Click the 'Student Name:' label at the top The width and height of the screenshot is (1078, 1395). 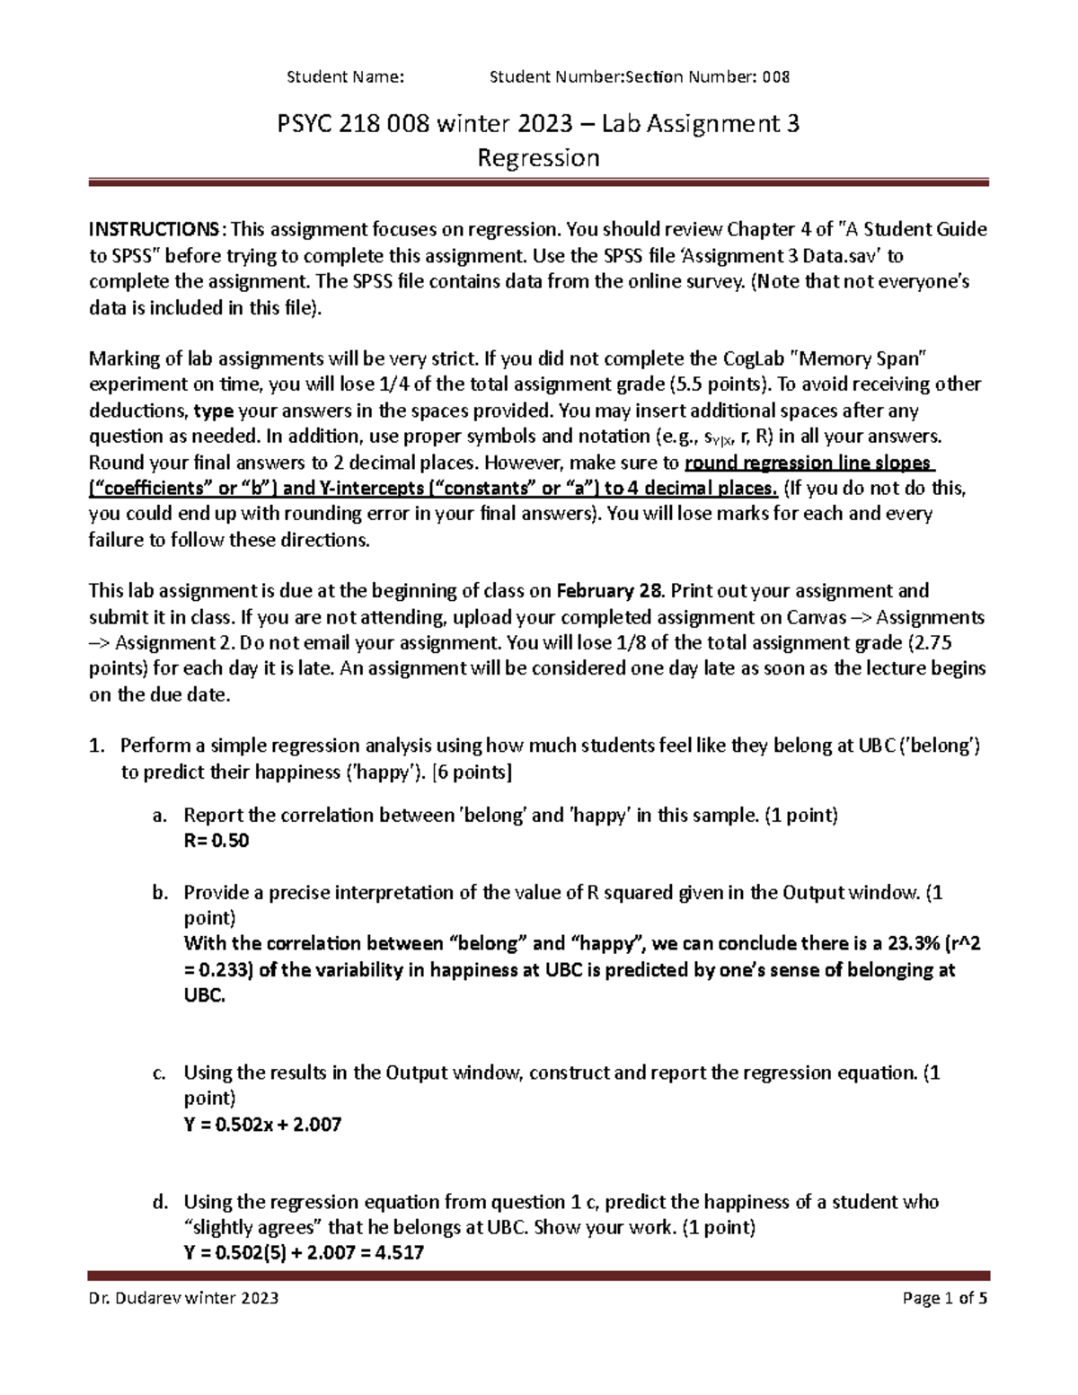(x=345, y=77)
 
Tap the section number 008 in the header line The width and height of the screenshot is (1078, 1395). (x=776, y=77)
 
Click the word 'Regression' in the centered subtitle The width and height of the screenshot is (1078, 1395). (x=538, y=158)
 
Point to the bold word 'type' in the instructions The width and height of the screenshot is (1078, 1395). (x=214, y=411)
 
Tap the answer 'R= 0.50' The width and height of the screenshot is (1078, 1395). (x=216, y=842)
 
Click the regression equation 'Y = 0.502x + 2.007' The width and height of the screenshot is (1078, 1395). (x=262, y=1124)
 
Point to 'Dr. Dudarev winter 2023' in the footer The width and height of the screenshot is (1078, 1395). (x=183, y=1298)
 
